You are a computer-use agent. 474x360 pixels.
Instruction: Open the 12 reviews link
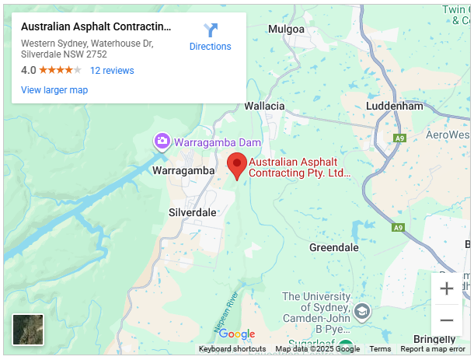click(112, 70)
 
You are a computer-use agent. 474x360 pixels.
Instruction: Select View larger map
click(54, 89)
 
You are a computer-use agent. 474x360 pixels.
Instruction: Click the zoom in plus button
click(447, 288)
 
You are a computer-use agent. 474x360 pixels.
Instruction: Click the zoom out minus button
click(447, 320)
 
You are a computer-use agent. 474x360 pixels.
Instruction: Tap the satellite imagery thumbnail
click(28, 329)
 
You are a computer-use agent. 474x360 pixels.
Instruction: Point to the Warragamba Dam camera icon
click(162, 142)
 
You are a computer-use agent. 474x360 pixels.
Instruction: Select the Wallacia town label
click(264, 106)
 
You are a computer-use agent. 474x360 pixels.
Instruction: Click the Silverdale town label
click(193, 212)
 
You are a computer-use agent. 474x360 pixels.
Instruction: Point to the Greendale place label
click(334, 247)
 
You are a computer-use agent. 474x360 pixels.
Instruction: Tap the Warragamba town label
click(183, 170)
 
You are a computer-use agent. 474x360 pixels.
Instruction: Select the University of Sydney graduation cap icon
click(361, 313)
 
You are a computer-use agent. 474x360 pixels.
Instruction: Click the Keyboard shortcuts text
click(232, 349)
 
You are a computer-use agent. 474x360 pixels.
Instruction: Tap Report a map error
click(433, 349)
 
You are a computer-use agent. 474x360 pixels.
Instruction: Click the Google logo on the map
click(237, 334)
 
